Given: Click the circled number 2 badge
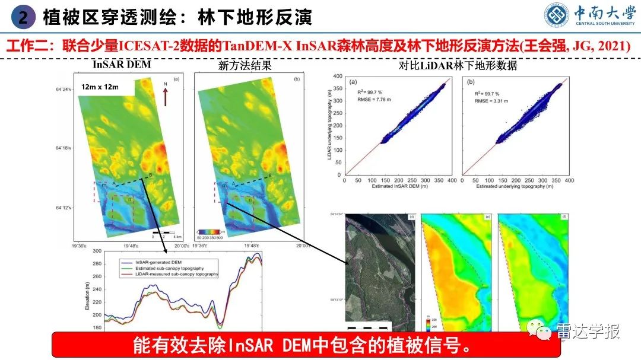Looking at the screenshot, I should (x=23, y=17).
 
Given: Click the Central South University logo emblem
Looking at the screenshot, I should (x=559, y=16).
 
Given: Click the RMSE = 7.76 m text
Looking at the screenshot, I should (x=372, y=100).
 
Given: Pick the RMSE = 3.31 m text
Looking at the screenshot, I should (x=490, y=100).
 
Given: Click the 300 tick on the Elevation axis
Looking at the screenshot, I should (x=97, y=251).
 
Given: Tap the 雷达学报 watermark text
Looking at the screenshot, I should (x=588, y=332).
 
